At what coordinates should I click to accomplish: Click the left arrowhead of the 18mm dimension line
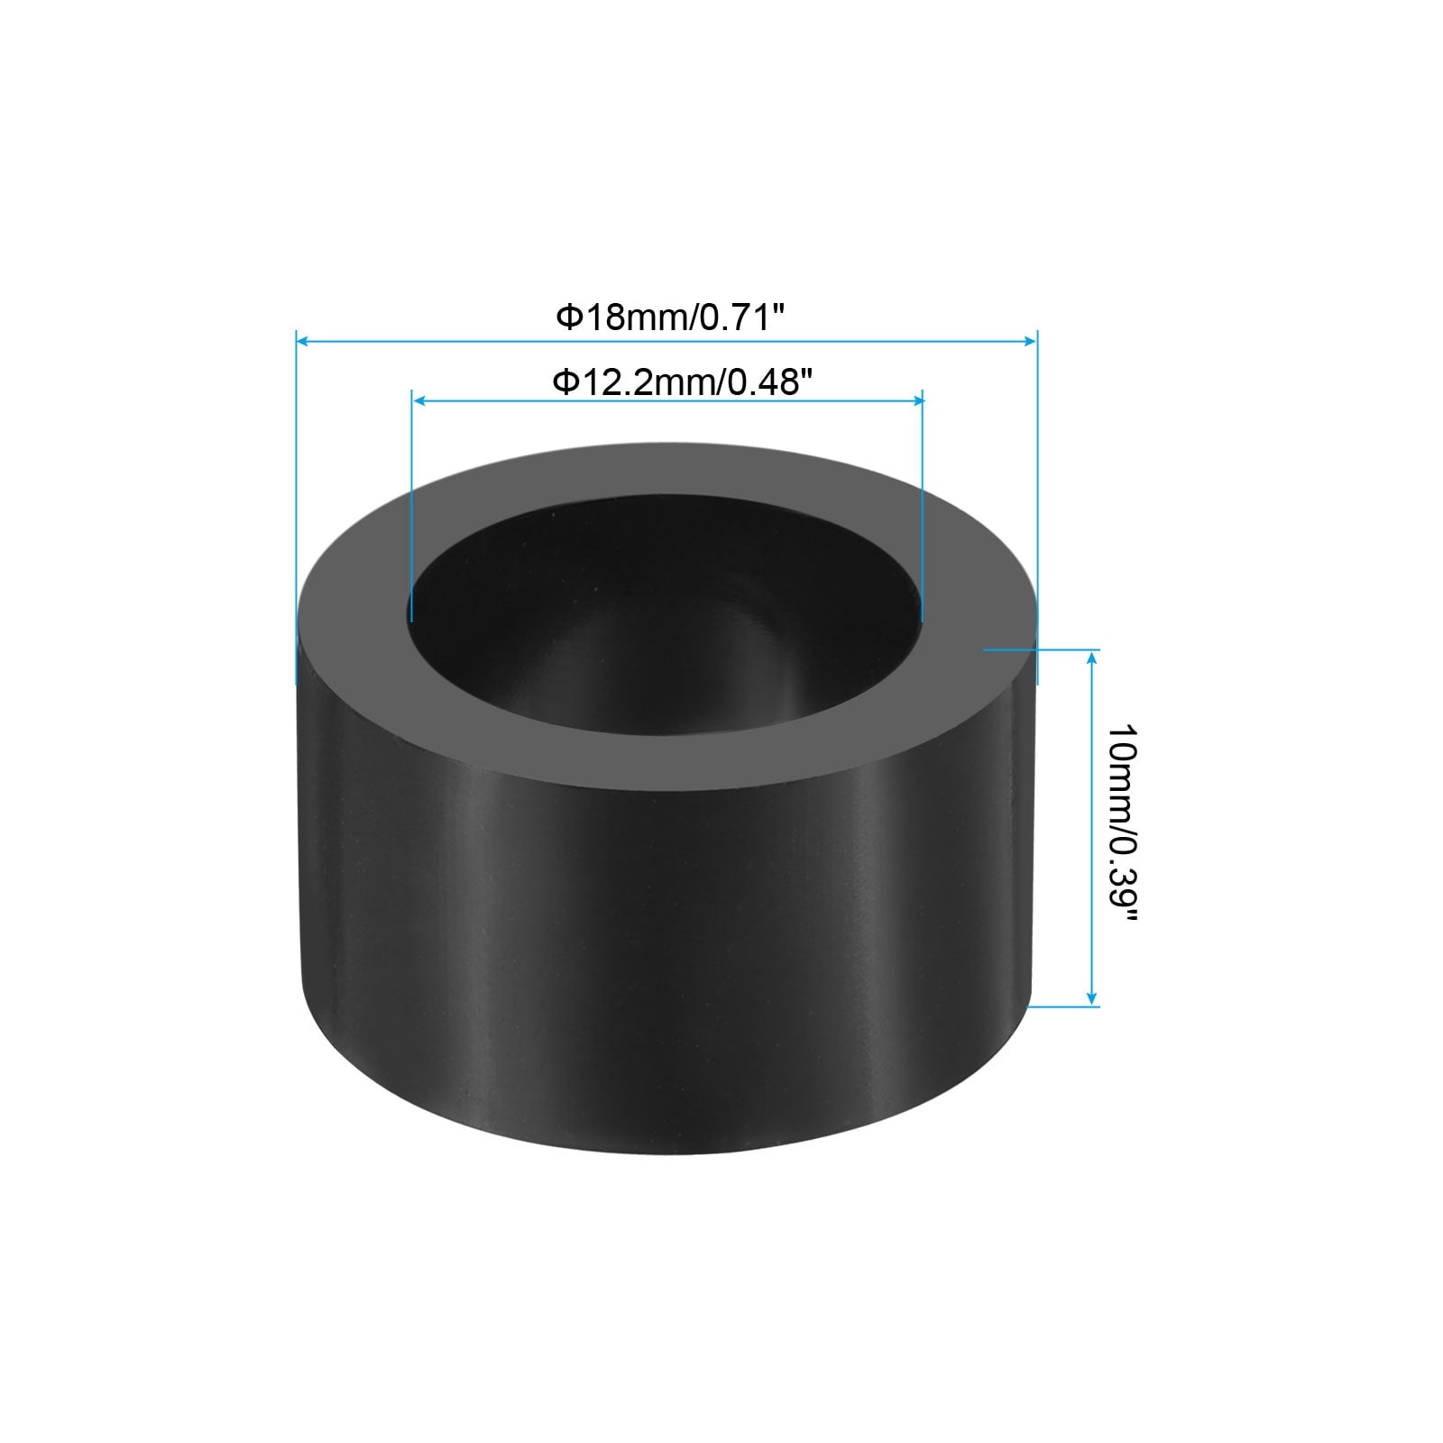point(304,341)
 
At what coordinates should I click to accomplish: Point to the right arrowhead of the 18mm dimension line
point(1030,341)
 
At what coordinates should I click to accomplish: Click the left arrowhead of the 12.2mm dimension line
point(419,400)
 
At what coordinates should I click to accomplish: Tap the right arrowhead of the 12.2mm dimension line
point(915,400)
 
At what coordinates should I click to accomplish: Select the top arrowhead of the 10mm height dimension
point(1092,657)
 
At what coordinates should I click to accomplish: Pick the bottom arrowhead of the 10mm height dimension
point(1092,997)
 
